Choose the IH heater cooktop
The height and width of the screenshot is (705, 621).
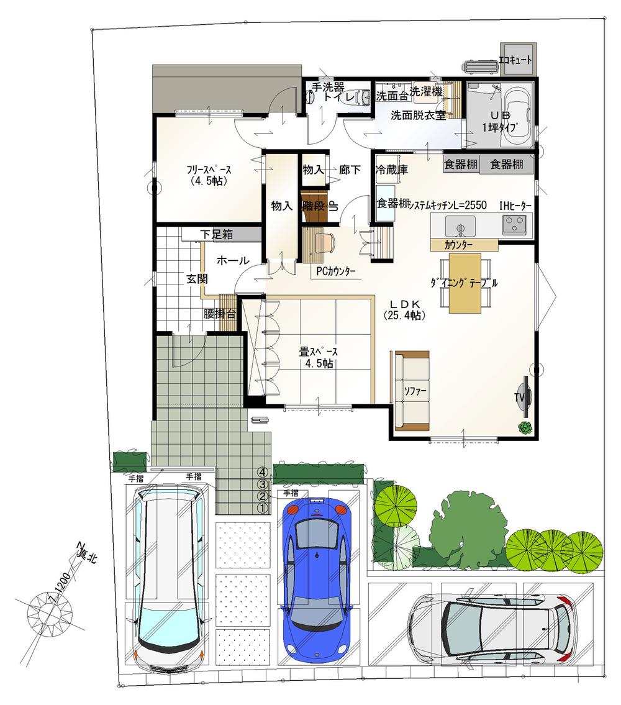514,222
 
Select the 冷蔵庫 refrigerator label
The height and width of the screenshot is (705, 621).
391,170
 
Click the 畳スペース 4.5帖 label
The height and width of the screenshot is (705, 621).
319,357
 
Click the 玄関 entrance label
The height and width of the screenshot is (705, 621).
197,279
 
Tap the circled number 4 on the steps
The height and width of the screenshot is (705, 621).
263,472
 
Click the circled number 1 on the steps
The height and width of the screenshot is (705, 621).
263,508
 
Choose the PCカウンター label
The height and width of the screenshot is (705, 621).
336,271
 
